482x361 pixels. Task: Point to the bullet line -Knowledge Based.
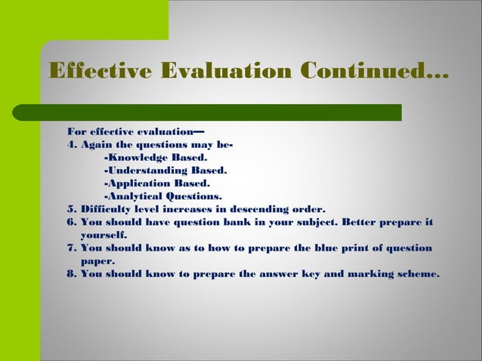click(155, 158)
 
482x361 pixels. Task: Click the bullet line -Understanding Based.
click(165, 171)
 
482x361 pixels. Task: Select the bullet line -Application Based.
click(156, 184)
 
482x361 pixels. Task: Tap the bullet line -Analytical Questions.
click(162, 196)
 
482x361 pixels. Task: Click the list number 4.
click(71, 145)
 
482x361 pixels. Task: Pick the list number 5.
click(71, 209)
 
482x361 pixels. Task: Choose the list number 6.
click(71, 222)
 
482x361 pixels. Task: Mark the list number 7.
click(71, 248)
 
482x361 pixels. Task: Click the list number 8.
click(71, 273)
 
